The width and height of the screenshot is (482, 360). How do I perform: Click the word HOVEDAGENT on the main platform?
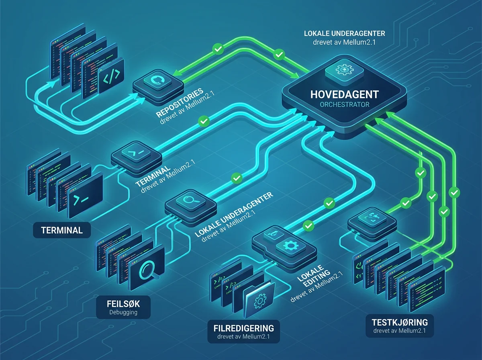coord(344,94)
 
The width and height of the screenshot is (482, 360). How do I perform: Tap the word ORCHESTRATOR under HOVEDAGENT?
coord(344,104)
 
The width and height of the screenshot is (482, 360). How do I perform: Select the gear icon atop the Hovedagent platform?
coord(344,70)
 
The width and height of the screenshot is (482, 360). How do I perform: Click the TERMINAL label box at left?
coord(62,230)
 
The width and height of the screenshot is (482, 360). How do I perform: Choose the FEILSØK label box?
coord(123,307)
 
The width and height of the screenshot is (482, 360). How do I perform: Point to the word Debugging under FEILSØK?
coord(123,312)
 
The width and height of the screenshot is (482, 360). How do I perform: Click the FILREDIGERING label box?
coord(243,331)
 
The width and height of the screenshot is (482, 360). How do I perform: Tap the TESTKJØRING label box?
coord(400,326)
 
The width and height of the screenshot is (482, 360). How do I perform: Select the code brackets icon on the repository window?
coord(112,76)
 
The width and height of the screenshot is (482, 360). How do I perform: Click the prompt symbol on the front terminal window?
coord(81,200)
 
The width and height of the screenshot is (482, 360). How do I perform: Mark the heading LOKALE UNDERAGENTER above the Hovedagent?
coord(344,33)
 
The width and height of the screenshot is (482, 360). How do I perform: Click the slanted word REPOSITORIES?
coord(180,102)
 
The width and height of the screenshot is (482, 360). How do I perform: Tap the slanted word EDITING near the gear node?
coord(317,278)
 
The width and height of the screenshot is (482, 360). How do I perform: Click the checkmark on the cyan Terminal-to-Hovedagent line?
coord(204,121)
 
